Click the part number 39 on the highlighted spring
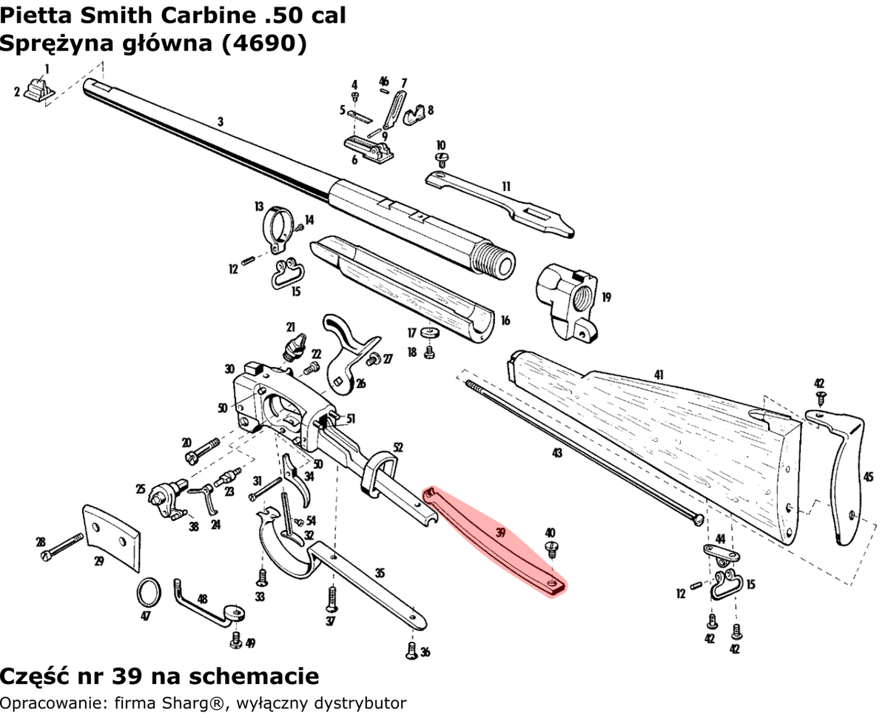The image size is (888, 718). (x=500, y=532)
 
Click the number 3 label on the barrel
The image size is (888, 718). (x=220, y=121)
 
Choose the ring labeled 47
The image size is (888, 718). (x=149, y=592)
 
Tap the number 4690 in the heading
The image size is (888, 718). (x=260, y=44)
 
